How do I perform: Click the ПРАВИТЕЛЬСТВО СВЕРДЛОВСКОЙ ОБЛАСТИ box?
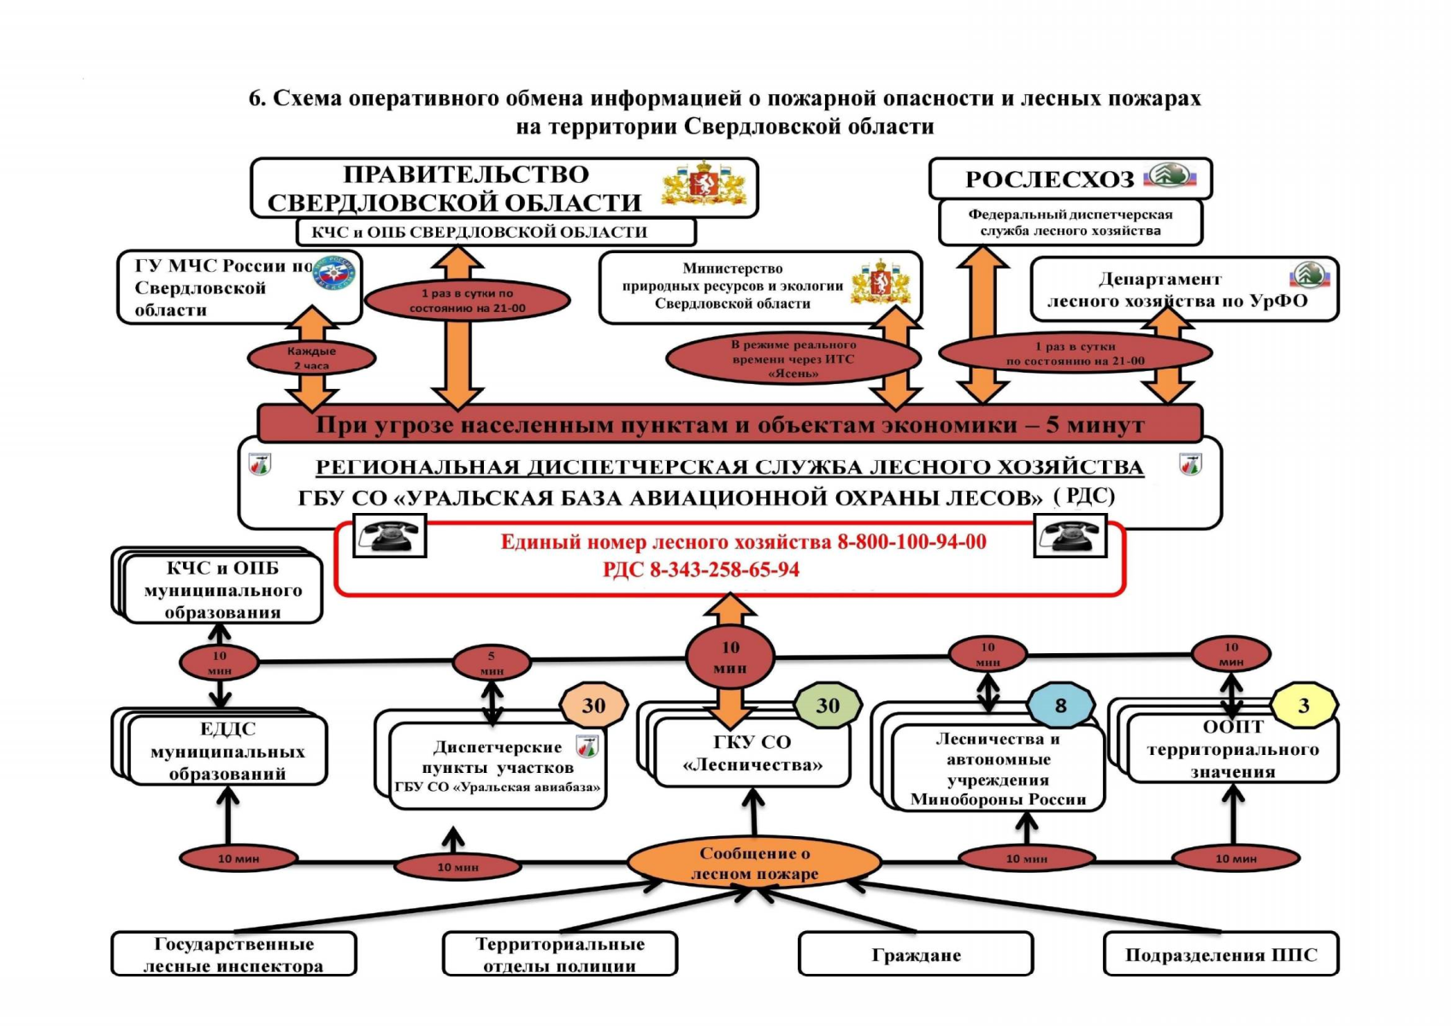466,188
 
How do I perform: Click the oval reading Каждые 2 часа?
311,358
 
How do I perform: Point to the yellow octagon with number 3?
1303,706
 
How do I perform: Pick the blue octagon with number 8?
1060,706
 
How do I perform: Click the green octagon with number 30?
827,706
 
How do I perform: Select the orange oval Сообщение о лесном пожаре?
754,864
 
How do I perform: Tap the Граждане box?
916,955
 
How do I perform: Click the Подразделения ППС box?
1220,955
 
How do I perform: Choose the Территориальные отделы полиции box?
560,955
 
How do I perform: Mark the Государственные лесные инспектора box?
233,955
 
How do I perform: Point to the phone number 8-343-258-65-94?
724,570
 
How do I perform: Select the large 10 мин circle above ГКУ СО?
730,657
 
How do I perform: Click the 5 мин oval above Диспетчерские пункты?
491,663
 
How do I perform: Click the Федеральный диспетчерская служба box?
1071,222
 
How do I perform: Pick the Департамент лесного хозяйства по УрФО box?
1184,290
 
